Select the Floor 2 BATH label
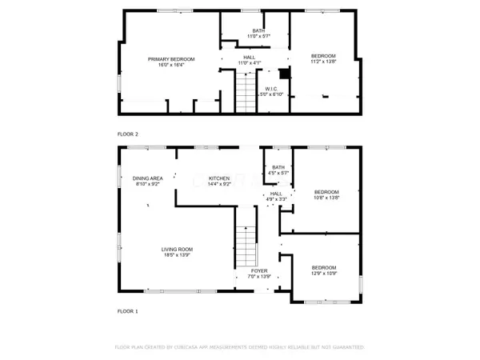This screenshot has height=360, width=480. [249, 30]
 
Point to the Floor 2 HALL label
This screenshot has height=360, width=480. [250, 57]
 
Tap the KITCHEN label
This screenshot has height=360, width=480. [219, 178]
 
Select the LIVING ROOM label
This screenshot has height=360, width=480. [178, 249]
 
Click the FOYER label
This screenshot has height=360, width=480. [259, 271]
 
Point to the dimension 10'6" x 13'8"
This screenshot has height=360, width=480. [326, 198]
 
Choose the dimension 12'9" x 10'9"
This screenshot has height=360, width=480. [323, 274]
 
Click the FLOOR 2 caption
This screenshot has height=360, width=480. [128, 134]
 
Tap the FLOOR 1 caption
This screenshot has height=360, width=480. [128, 310]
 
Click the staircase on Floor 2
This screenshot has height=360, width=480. [246, 91]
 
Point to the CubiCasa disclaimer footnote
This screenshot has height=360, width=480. [240, 348]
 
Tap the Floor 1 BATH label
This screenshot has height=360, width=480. [278, 166]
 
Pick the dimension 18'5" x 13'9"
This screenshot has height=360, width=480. [178, 255]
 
